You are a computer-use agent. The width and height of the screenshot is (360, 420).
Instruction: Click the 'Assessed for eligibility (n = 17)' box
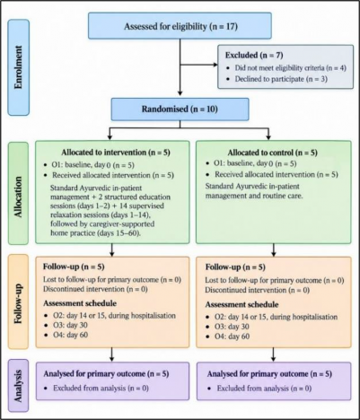pyautogui.click(x=180, y=26)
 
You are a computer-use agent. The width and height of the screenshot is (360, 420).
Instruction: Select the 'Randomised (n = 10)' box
pyautogui.click(x=180, y=109)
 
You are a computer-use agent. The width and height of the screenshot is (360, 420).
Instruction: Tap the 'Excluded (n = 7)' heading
pyautogui.click(x=254, y=56)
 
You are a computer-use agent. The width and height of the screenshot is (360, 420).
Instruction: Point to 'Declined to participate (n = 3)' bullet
pyautogui.click(x=281, y=79)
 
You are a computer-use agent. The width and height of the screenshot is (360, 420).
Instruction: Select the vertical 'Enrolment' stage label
pyautogui.click(x=19, y=67)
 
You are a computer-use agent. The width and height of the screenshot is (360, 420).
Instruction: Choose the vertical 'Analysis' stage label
pyautogui.click(x=19, y=386)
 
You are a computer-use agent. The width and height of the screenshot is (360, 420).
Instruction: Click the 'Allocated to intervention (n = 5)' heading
pyautogui.click(x=116, y=153)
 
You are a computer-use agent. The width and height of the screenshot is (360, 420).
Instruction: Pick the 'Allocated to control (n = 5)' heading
pyautogui.click(x=272, y=153)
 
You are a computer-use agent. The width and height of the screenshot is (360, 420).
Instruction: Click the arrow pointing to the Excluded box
pyautogui.click(x=198, y=65)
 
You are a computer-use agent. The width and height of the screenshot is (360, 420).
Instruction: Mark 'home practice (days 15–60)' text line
pyautogui.click(x=95, y=233)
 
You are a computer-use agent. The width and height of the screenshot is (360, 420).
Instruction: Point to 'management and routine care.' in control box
pyautogui.click(x=254, y=196)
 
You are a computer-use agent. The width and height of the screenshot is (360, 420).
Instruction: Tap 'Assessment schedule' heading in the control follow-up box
pyautogui.click(x=241, y=304)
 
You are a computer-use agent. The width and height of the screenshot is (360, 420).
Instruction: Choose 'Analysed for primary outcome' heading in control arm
pyautogui.click(x=258, y=374)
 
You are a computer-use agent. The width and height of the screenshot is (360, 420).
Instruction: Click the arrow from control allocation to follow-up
pyautogui.click(x=273, y=250)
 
